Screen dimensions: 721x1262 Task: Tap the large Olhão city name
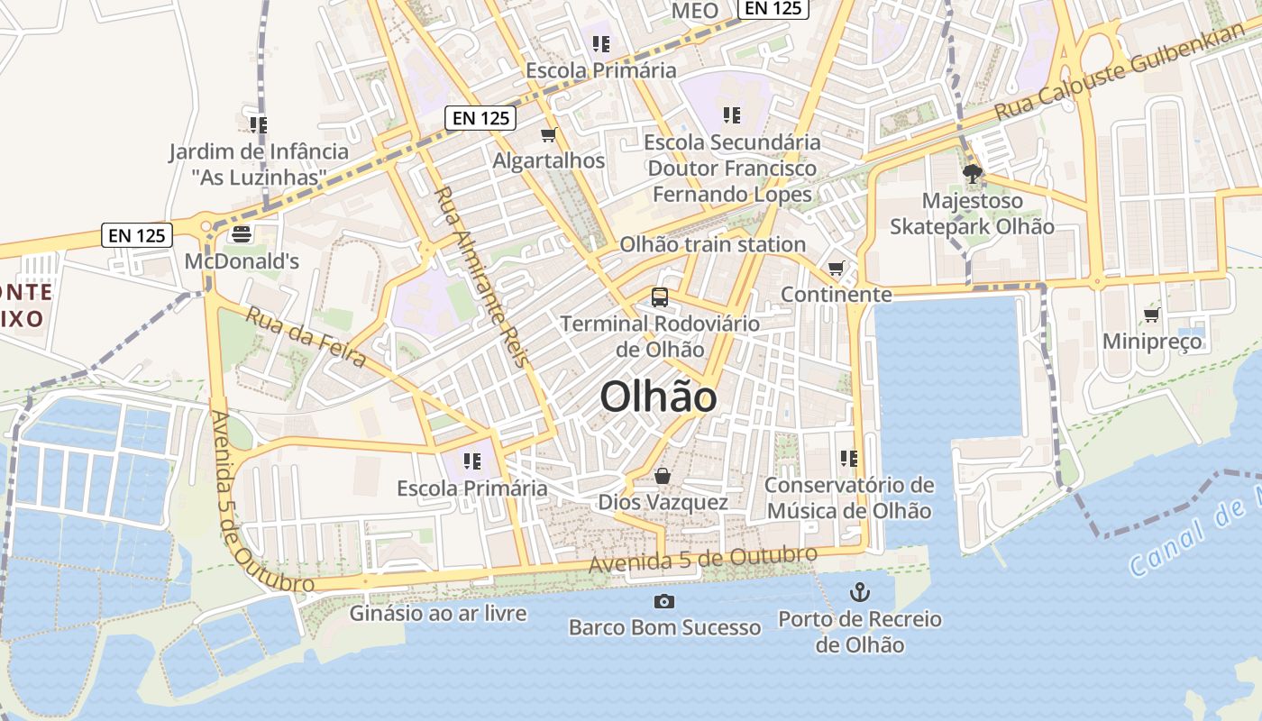click(658, 397)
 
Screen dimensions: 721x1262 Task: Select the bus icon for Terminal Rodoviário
click(660, 297)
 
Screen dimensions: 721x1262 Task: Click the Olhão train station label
click(712, 244)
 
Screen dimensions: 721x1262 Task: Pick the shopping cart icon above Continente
click(836, 269)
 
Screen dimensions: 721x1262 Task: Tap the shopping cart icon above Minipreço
click(1151, 315)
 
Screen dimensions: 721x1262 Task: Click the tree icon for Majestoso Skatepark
click(972, 174)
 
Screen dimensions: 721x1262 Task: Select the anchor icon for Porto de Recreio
click(860, 593)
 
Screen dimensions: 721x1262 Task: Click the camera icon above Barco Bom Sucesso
click(664, 601)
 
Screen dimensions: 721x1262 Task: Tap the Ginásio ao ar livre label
click(438, 614)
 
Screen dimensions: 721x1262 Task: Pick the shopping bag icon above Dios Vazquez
click(663, 476)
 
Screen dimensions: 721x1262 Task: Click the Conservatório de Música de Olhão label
click(848, 498)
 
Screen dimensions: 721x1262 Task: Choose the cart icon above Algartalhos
click(548, 135)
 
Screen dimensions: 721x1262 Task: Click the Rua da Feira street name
click(306, 337)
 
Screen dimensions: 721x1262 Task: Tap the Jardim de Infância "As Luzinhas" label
click(259, 164)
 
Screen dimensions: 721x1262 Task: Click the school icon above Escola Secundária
click(731, 114)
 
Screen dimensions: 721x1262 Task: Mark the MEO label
click(695, 11)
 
